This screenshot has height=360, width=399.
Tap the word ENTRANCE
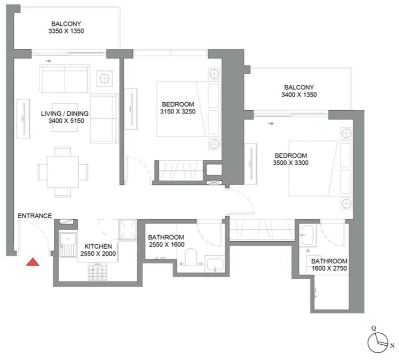pos(35,216)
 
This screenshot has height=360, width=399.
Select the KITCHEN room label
pos(98,246)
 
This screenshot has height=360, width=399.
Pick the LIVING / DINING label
pos(65,113)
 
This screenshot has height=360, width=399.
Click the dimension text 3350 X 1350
pos(67,31)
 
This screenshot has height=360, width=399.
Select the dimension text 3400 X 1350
pos(299,95)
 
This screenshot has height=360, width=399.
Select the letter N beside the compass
pos(392,345)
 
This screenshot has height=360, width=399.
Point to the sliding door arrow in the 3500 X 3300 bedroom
pos(270,124)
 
